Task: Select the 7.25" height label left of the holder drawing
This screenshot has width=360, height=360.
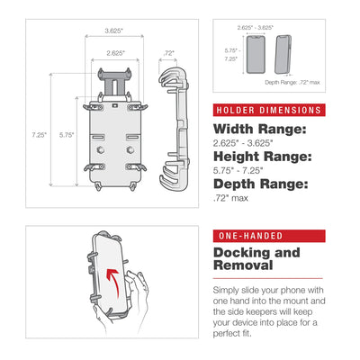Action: (x=39, y=135)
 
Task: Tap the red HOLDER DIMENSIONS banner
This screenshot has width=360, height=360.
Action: (x=267, y=110)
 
